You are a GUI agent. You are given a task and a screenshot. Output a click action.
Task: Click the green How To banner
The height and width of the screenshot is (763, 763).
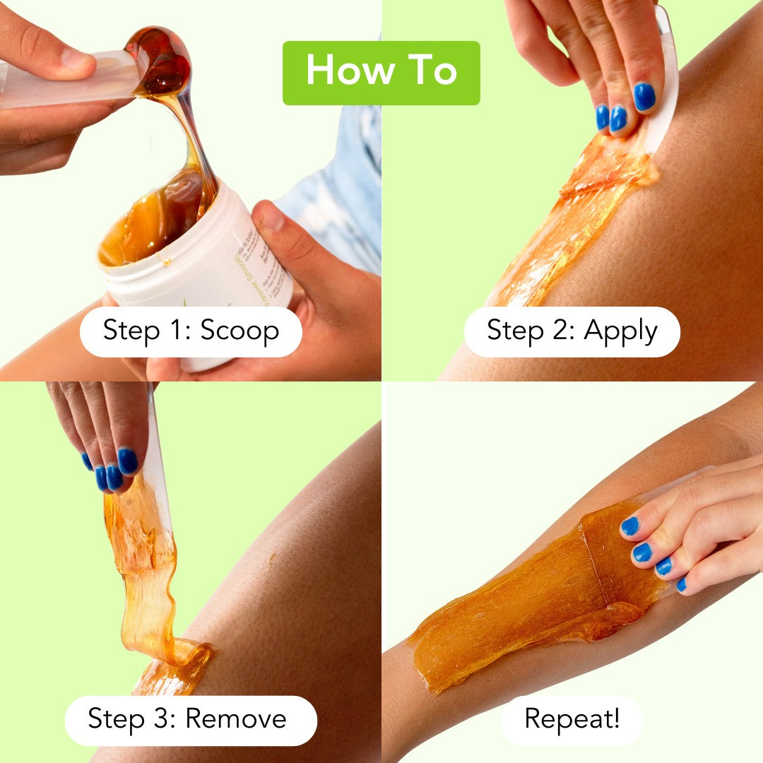[x=381, y=73]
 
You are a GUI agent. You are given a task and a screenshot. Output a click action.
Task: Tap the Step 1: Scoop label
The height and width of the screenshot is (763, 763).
[x=191, y=331]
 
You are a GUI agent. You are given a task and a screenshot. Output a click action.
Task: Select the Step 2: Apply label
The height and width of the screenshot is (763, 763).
[x=572, y=331]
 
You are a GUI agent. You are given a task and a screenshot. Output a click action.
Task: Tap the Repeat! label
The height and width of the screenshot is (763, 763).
[x=572, y=720]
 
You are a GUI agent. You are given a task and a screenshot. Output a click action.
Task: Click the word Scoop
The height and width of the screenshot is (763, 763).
[x=239, y=331]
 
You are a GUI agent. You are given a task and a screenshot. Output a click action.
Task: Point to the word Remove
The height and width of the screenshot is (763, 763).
[x=236, y=720]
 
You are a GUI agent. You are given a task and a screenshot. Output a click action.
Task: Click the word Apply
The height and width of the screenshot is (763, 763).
[x=622, y=331]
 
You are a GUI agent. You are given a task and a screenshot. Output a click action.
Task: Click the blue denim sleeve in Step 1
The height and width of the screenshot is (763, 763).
[x=339, y=191]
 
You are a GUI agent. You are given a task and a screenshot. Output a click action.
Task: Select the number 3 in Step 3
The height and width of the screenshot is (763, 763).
[x=167, y=720]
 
